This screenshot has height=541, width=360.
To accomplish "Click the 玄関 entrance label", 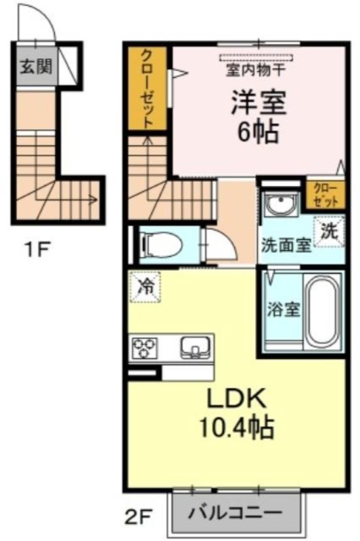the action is coord(36,66).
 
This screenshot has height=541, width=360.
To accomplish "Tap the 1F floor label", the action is coord(37,250).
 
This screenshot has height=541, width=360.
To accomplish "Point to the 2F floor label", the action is coord(139,517).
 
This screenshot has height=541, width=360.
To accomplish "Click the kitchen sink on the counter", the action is coord(195,347).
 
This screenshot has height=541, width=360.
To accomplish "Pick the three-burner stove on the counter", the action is coord(145,348).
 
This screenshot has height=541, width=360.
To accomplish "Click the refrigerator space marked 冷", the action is coord(145,287).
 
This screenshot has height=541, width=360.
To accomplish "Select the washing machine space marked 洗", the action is coord(330,231).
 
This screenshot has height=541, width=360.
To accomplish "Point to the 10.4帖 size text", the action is coord(236,427).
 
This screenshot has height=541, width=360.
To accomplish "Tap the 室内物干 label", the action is coord(256,70).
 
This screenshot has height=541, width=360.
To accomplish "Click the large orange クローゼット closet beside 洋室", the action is coord(148,88).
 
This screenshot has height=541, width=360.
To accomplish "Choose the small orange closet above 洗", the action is coord(325,195).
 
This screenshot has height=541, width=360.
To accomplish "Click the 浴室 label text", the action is coord(284,310).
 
